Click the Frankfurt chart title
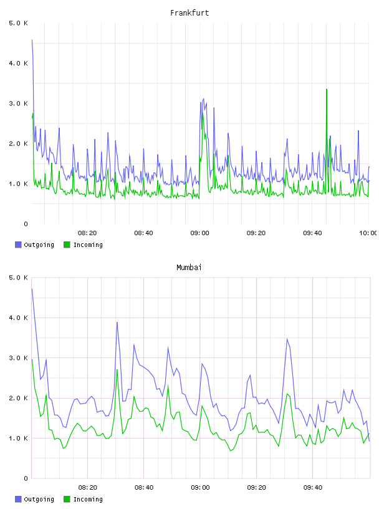click(189, 13)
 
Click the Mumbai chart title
click(189, 268)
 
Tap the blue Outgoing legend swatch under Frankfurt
click(18, 245)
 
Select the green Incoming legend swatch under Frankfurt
click(67, 245)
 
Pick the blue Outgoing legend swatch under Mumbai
click(18, 499)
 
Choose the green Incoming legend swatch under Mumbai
click(67, 499)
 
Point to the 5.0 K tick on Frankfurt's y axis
click(19, 23)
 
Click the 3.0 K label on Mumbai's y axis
click(19, 358)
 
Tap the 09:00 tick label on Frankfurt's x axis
click(200, 233)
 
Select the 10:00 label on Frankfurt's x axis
click(369, 233)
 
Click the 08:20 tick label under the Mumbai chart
click(88, 488)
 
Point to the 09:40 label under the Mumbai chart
click(313, 488)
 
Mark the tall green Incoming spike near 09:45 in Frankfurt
click(327, 89)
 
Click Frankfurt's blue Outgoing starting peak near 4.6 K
click(32, 40)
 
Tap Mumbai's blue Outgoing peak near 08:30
click(117, 322)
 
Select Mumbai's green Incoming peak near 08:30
click(117, 370)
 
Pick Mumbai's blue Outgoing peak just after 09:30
click(287, 339)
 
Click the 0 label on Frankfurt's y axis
click(26, 224)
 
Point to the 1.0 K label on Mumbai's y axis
click(19, 439)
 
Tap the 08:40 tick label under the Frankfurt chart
click(144, 233)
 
